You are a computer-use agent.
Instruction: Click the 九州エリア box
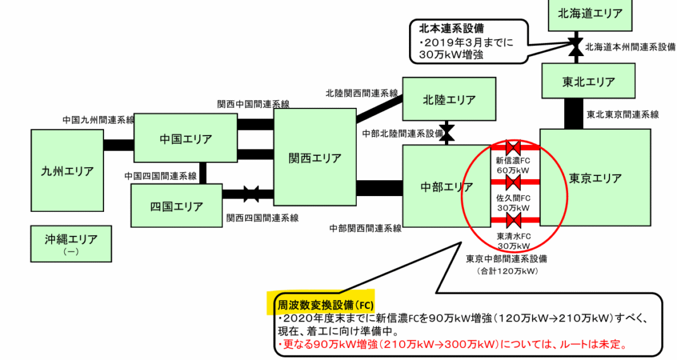[x=67, y=171]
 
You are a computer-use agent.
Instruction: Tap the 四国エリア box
[x=176, y=206]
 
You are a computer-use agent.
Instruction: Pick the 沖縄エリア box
[x=71, y=243]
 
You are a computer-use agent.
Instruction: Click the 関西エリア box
[x=315, y=158]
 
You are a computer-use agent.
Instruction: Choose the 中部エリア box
[x=446, y=187]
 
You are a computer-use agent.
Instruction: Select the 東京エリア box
[x=595, y=178]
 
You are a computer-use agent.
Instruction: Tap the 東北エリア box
[x=588, y=82]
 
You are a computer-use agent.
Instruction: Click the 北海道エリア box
[x=590, y=13]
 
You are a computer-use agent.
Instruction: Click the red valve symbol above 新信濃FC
[x=512, y=148]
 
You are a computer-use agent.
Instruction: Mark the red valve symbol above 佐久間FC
[x=512, y=183]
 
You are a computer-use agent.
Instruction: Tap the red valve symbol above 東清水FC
[x=512, y=220]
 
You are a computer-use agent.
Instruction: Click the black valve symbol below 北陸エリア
[x=447, y=133]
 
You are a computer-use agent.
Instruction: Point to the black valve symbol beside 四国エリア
[x=252, y=194]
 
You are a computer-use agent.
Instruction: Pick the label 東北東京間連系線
[x=622, y=115]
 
